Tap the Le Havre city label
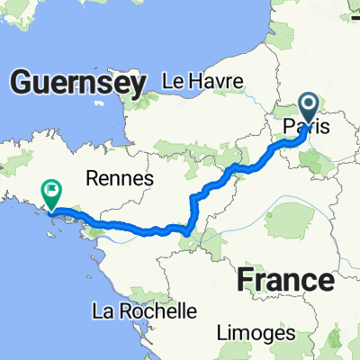(202, 81)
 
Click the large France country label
(285, 280)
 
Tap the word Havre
(217, 81)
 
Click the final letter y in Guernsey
(137, 86)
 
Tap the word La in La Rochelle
(102, 311)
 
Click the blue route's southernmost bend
(185, 233)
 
